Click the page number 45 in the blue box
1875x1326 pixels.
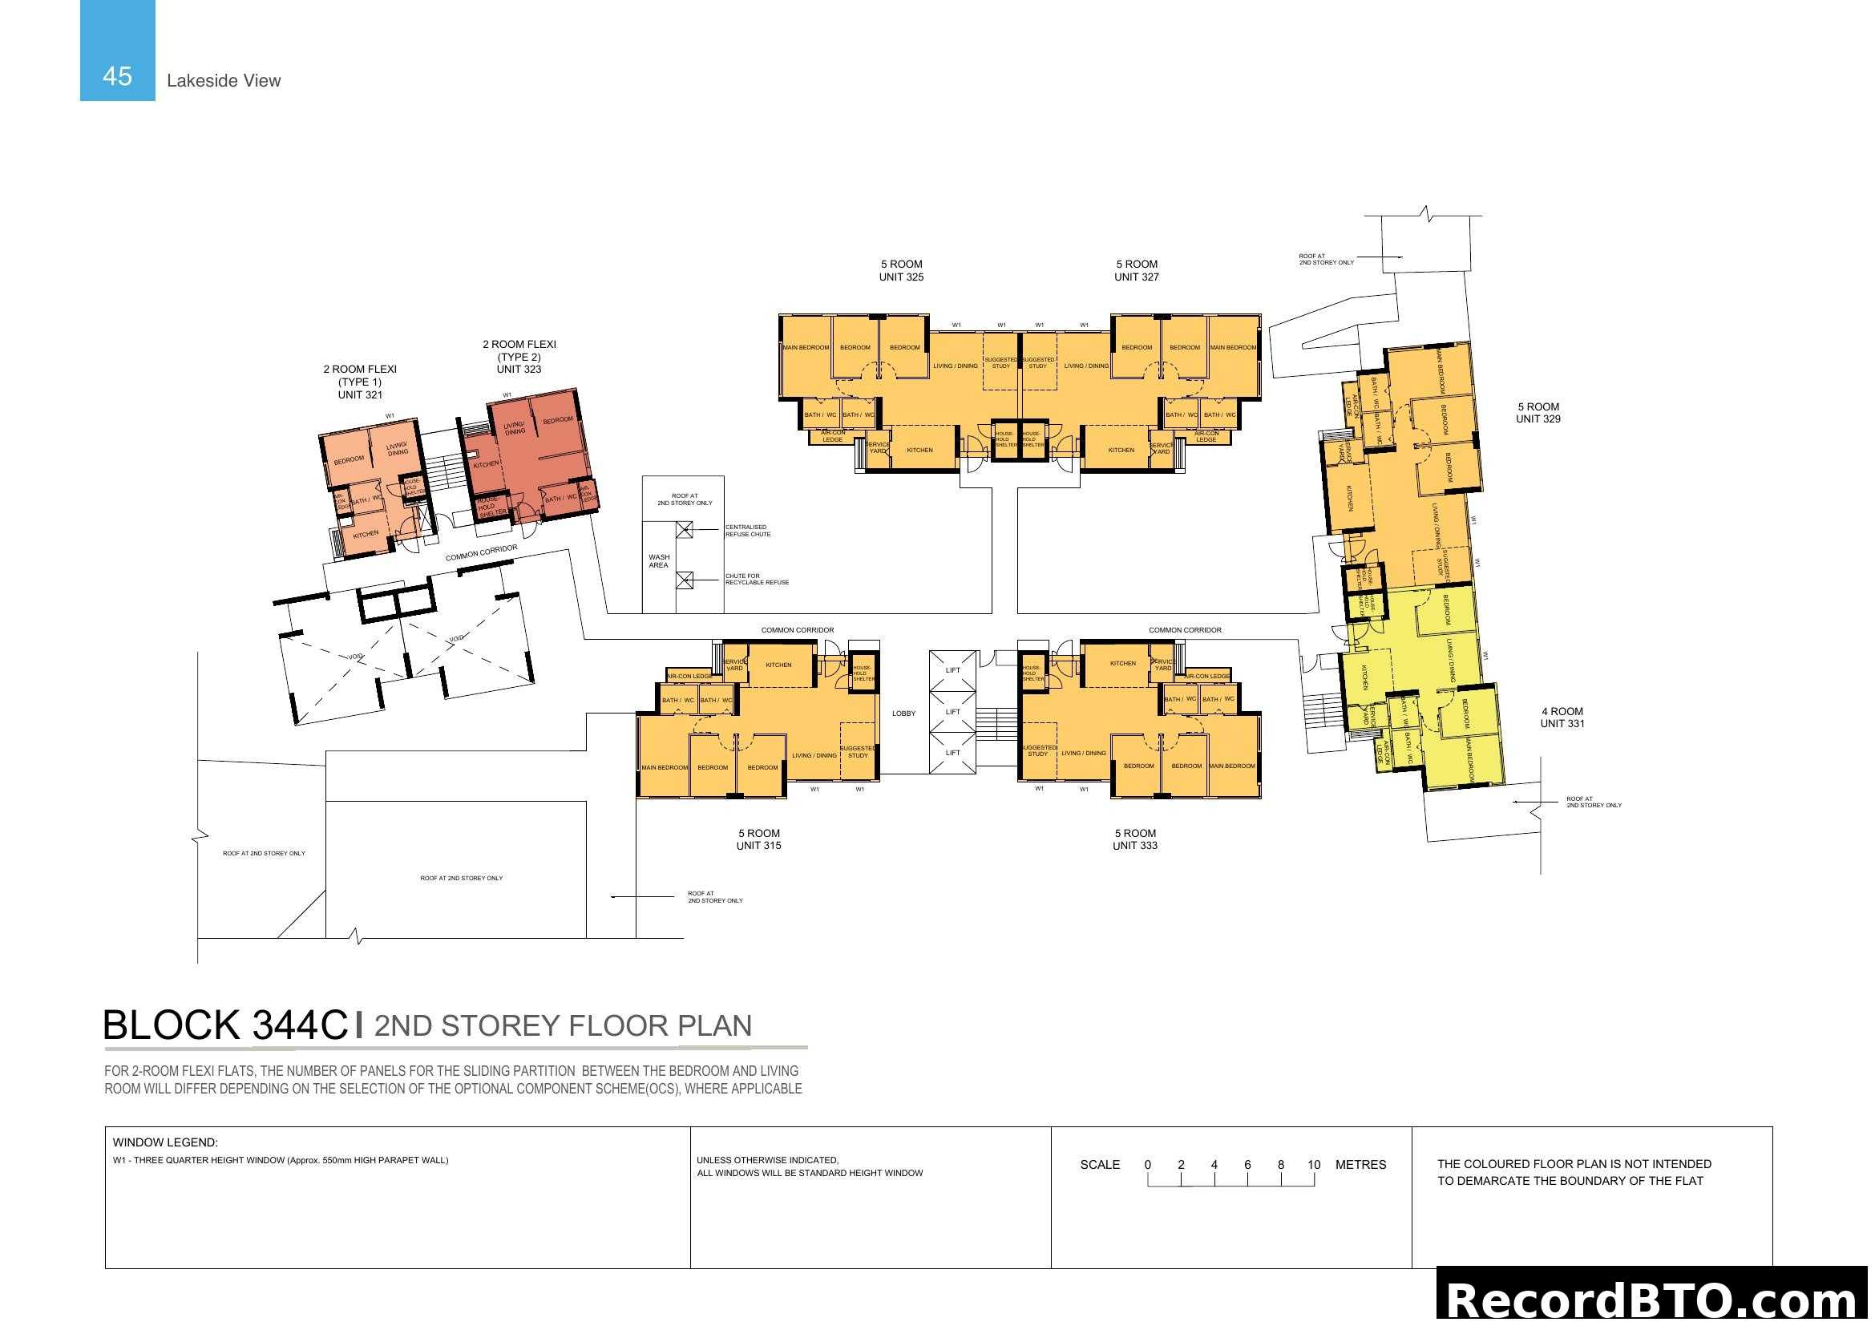pyautogui.click(x=117, y=76)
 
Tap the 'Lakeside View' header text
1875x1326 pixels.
pyautogui.click(x=223, y=80)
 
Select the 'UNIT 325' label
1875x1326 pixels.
pyautogui.click(x=901, y=277)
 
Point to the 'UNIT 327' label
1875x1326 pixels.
pyautogui.click(x=1136, y=277)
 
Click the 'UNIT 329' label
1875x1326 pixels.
pyautogui.click(x=1538, y=418)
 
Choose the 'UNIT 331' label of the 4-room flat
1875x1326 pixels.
pyautogui.click(x=1562, y=723)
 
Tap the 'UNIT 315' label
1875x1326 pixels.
pyautogui.click(x=758, y=845)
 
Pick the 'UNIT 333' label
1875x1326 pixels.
pyautogui.click(x=1134, y=845)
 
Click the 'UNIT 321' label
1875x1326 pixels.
pyautogui.click(x=360, y=394)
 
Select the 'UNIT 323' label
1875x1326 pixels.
pyautogui.click(x=519, y=369)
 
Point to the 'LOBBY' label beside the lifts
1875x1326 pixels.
pyautogui.click(x=903, y=714)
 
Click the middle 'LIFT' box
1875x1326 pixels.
pyautogui.click(x=953, y=712)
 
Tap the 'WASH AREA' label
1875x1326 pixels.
pyautogui.click(x=658, y=561)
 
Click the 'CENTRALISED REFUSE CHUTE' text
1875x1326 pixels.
pyautogui.click(x=747, y=531)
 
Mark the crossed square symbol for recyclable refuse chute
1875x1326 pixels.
pyautogui.click(x=685, y=580)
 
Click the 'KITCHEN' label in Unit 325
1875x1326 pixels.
pyautogui.click(x=919, y=450)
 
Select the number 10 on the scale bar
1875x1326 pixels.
pyautogui.click(x=1313, y=1164)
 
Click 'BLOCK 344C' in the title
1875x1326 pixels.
pyautogui.click(x=225, y=1025)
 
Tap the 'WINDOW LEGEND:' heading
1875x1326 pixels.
pyautogui.click(x=165, y=1142)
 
